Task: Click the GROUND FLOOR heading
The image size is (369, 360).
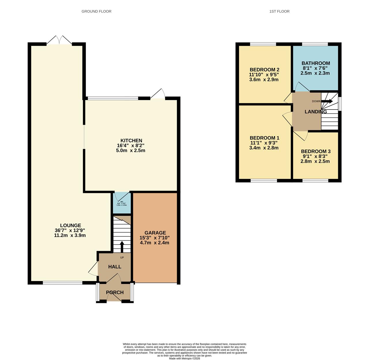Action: click(96, 11)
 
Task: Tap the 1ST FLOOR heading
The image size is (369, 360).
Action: click(279, 11)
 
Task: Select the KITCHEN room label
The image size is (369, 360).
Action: click(129, 141)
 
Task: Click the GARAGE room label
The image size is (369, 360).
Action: click(155, 233)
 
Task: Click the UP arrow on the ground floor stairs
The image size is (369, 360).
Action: click(122, 247)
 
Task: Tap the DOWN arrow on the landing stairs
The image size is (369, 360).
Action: click(327, 101)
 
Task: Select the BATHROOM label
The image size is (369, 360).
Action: click(316, 63)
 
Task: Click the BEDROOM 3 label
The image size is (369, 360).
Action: click(316, 152)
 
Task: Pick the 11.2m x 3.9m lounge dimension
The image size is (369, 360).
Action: click(70, 235)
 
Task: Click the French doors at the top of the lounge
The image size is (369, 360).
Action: click(59, 40)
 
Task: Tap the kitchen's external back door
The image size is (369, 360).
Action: click(158, 95)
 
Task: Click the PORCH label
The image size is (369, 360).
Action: click(115, 292)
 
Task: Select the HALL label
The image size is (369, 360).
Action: click(115, 267)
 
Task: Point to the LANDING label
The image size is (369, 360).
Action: click(316, 112)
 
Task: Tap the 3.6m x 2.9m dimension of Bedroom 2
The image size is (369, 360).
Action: click(264, 80)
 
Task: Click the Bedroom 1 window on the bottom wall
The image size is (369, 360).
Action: click(264, 181)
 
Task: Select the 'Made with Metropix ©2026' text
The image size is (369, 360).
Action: click(184, 358)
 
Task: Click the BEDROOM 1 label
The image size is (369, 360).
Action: click(264, 138)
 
